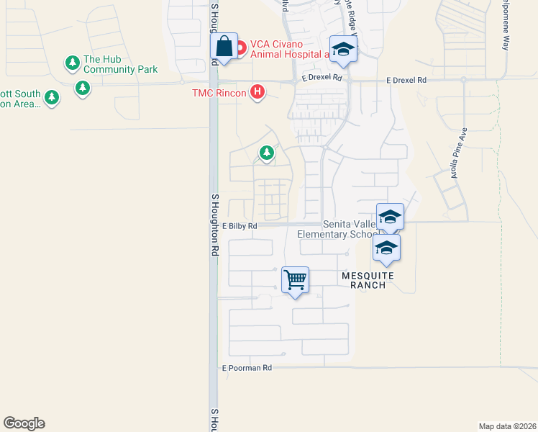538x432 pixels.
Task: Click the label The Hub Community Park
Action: click(x=120, y=64)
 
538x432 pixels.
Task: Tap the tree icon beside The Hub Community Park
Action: click(x=72, y=63)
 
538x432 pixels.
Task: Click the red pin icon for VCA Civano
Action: click(x=241, y=48)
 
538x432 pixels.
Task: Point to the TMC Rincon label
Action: click(x=219, y=93)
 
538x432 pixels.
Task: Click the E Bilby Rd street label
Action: click(x=240, y=225)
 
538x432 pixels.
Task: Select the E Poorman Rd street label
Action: click(x=247, y=368)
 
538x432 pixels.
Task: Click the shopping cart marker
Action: click(x=296, y=279)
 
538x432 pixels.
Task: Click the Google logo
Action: click(x=24, y=423)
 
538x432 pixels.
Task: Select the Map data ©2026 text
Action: click(x=507, y=426)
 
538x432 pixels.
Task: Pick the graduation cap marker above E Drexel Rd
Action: click(x=343, y=49)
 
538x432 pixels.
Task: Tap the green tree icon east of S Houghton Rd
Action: click(x=267, y=153)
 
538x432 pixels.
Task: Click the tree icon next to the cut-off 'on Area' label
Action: click(x=51, y=97)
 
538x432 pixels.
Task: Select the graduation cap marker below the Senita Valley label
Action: click(x=386, y=249)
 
